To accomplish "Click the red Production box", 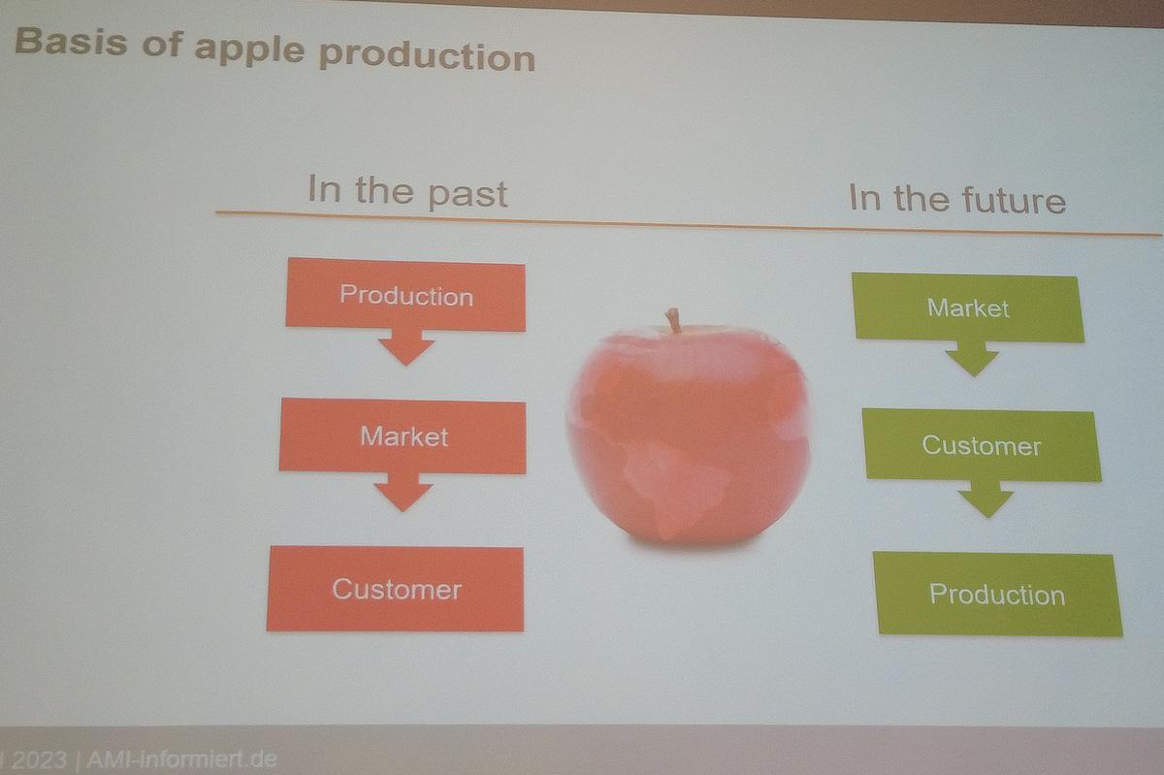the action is (x=405, y=294).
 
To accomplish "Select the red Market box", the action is (x=403, y=436).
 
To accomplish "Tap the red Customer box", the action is (x=396, y=589).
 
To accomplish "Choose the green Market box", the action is (x=968, y=307).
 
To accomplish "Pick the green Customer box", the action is (x=981, y=445).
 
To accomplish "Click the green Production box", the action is (x=997, y=594).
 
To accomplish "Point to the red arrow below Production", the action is (x=406, y=347).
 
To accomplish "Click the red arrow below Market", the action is (x=404, y=492).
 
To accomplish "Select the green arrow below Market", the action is (x=972, y=359).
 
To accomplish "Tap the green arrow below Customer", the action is (x=986, y=499).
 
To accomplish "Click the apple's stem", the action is (x=673, y=320).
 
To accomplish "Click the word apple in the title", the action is (x=249, y=49).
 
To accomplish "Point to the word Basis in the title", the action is (x=71, y=41).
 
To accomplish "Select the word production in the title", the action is (x=427, y=56).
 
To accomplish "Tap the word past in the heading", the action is (x=468, y=195).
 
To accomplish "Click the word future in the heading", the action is (x=1014, y=201).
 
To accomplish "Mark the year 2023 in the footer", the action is (x=39, y=760).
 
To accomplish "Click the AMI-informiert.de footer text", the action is (x=181, y=759).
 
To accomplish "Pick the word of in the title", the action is (x=162, y=44).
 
